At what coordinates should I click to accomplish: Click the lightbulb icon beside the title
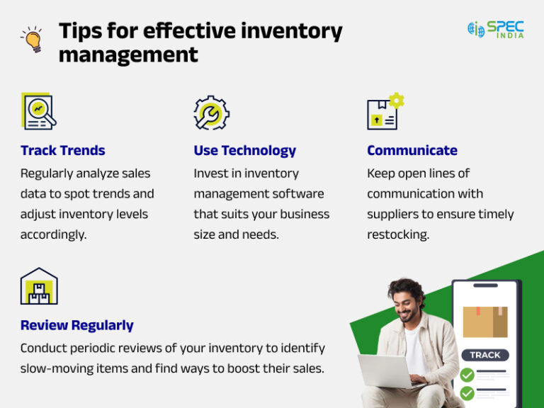[31, 40]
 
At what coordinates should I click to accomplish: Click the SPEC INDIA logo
[496, 29]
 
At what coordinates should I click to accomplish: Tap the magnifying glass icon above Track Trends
[38, 111]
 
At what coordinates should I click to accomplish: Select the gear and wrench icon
[211, 113]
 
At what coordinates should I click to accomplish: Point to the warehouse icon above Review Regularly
[39, 286]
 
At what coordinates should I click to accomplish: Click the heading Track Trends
[63, 150]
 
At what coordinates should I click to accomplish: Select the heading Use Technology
[244, 150]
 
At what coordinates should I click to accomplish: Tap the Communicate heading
[412, 150]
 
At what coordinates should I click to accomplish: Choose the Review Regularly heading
[77, 325]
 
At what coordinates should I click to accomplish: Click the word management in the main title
[128, 54]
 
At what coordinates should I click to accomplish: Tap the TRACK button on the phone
[485, 355]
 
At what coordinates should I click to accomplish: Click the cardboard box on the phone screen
[485, 321]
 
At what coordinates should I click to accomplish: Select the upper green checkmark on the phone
[467, 375]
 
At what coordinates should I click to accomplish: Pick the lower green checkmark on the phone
[467, 393]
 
